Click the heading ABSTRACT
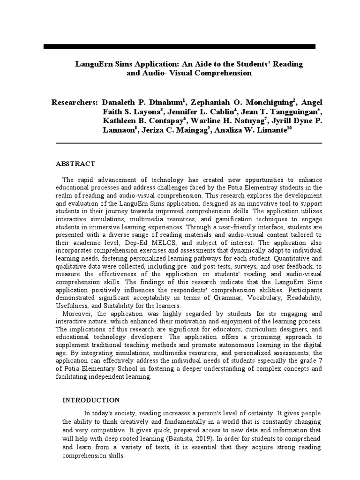(75, 164)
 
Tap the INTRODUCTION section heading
(91, 400)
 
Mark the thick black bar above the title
(180, 46)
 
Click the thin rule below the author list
(189, 142)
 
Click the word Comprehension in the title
(220, 73)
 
